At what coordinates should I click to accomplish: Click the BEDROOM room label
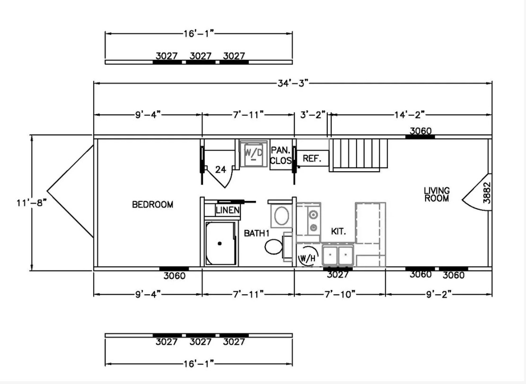point(153,205)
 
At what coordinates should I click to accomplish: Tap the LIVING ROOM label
point(437,194)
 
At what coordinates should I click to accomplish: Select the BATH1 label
point(257,233)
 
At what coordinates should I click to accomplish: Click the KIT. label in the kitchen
point(339,231)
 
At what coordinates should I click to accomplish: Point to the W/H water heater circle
point(307,258)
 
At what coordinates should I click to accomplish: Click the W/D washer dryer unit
point(254,153)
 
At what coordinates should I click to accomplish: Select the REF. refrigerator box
point(312,158)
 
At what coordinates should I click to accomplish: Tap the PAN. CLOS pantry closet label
point(281,155)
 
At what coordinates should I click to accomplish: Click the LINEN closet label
point(228,210)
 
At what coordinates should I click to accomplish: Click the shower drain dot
point(220,244)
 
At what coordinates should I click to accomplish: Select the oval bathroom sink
point(282,216)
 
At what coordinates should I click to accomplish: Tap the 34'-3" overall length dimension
point(292,83)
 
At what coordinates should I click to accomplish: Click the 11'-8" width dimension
point(31,203)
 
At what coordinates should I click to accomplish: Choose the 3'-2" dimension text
point(313,115)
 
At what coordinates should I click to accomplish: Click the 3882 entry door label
point(487,193)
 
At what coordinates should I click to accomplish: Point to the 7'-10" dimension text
point(340,295)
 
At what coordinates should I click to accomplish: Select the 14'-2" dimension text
point(409,115)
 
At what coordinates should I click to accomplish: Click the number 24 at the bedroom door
point(220,170)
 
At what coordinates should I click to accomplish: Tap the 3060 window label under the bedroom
point(175,276)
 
